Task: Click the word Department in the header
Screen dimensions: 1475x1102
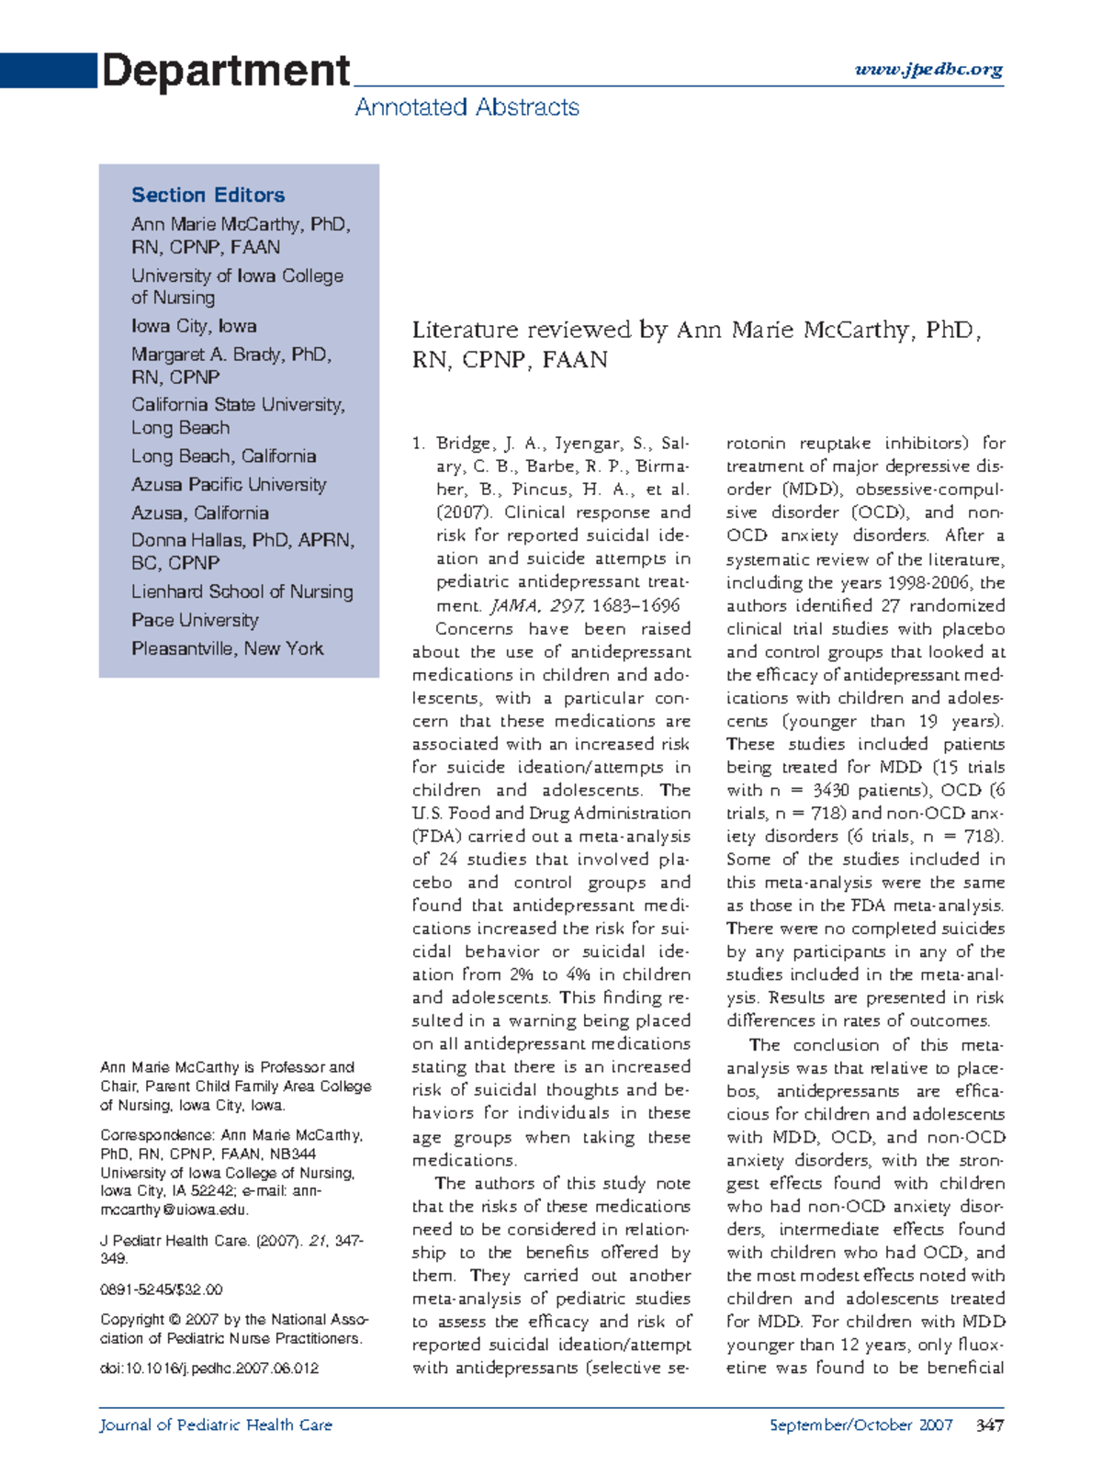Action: (225, 71)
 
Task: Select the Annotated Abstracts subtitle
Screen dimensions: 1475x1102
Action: (467, 107)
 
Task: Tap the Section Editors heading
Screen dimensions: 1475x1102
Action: (208, 195)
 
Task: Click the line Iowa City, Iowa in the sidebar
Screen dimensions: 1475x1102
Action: (194, 326)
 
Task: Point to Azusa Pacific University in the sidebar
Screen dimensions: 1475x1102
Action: (229, 484)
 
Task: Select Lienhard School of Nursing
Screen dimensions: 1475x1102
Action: (242, 591)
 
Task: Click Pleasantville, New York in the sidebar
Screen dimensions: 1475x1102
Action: (227, 648)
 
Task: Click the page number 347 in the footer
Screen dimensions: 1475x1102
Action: (989, 1425)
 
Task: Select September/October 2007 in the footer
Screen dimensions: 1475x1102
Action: (860, 1425)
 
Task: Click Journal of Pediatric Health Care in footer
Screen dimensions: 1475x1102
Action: (216, 1425)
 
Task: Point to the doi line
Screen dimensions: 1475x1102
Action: (209, 1368)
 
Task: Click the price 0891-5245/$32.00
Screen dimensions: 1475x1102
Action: (162, 1289)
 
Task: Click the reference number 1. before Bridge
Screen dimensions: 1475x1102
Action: (419, 444)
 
